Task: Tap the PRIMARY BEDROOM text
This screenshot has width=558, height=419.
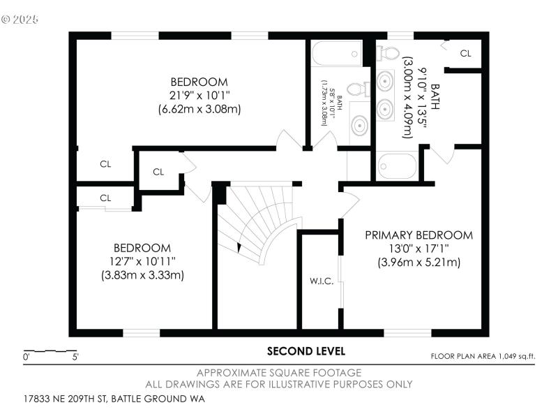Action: [x=418, y=235]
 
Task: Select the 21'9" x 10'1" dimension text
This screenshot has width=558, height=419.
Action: [x=199, y=94]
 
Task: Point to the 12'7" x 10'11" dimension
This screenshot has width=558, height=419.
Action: [x=142, y=261]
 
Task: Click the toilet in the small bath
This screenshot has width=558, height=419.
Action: [x=357, y=89]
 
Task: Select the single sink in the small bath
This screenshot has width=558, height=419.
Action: [x=359, y=126]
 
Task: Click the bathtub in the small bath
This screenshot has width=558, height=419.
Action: [x=337, y=54]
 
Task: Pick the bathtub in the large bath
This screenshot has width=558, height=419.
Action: [x=395, y=166]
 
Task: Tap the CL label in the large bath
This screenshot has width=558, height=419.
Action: [x=465, y=53]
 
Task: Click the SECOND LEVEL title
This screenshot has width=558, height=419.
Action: [x=306, y=351]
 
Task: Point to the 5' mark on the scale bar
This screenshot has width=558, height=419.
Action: [x=75, y=357]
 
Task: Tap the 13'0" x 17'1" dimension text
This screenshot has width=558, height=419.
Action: [x=418, y=249]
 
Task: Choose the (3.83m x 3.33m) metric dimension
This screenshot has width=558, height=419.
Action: [x=142, y=275]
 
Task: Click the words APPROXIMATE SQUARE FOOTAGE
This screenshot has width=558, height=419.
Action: [x=279, y=373]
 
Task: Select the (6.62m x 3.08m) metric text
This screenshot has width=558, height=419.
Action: [x=199, y=108]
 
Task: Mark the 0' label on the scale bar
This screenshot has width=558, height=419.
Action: [x=27, y=357]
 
